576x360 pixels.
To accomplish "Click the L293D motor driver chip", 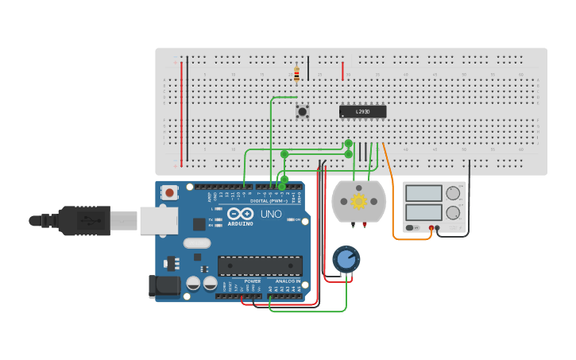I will [x=362, y=112].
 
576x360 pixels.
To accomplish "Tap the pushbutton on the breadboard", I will [x=303, y=112].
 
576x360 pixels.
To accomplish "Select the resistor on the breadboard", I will [x=296, y=74].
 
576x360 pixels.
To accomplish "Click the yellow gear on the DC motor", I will [x=358, y=201].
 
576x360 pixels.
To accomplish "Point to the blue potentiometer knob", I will [x=346, y=258].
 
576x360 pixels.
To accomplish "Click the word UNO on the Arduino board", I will [x=271, y=214].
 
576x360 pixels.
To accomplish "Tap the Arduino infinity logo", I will [x=240, y=214].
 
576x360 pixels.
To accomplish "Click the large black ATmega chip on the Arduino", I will [x=260, y=265].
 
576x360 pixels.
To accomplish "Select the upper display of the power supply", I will [x=423, y=193].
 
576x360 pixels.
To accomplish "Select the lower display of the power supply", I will [x=423, y=212].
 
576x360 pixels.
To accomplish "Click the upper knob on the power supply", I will [x=454, y=193].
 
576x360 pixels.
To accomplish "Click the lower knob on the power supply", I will [x=454, y=212].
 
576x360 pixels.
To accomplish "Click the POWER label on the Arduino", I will [x=252, y=281].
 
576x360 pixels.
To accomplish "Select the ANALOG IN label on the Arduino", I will [x=288, y=281].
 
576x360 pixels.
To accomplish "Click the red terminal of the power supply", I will [x=431, y=228].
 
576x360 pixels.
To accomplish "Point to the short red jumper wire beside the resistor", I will [x=342, y=71].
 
